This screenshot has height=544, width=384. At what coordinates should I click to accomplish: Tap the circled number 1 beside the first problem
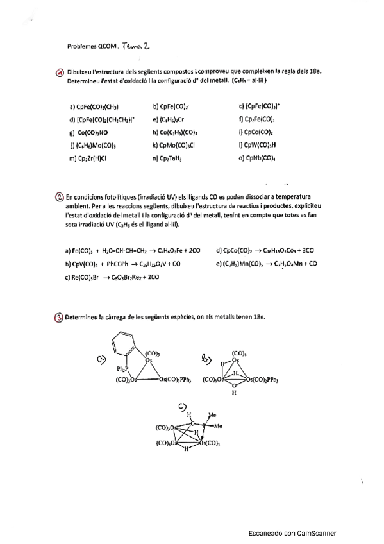[x=60, y=73]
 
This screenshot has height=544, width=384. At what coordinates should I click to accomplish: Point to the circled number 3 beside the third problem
[x=60, y=317]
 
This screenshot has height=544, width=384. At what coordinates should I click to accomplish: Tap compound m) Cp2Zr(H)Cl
[x=88, y=158]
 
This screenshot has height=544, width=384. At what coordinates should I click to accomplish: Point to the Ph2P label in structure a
[x=122, y=369]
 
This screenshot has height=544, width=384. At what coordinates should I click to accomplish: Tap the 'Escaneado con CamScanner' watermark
[x=292, y=532]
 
